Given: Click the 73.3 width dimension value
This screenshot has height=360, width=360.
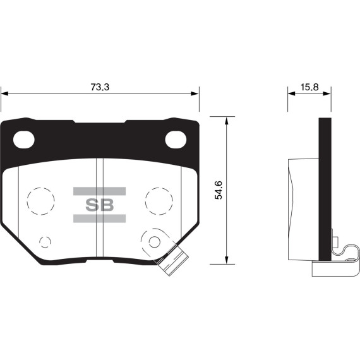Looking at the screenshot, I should pos(100,88).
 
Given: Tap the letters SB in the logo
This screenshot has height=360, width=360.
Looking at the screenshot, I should pos(99,204).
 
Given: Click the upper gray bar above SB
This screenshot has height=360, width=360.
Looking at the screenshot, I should pos(99,191).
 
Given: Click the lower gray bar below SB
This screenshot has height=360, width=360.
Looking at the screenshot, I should pos(99,218).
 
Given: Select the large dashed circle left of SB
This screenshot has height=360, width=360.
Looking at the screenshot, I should pos(41,201).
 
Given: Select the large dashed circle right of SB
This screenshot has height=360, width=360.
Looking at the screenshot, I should pos(159,201).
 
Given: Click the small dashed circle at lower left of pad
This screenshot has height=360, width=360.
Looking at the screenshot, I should pos(45,241).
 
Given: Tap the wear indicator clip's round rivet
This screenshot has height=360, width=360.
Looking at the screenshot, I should pos(155,240).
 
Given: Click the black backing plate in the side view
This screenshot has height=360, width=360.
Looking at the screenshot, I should pos(325,189).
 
